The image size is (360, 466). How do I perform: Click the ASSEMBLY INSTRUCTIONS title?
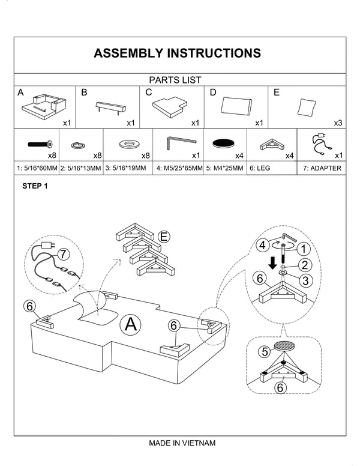177,53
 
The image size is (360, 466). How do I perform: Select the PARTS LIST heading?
175,79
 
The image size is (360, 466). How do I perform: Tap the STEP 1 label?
34,186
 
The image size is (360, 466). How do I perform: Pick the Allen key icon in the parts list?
181,141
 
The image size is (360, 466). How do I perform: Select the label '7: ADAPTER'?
322,168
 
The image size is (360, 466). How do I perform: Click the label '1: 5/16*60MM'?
37,168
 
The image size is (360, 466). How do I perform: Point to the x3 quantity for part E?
338,123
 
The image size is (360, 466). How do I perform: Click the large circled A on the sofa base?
131,325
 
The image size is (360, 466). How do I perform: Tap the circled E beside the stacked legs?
163,237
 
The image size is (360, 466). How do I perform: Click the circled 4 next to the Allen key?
262,245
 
